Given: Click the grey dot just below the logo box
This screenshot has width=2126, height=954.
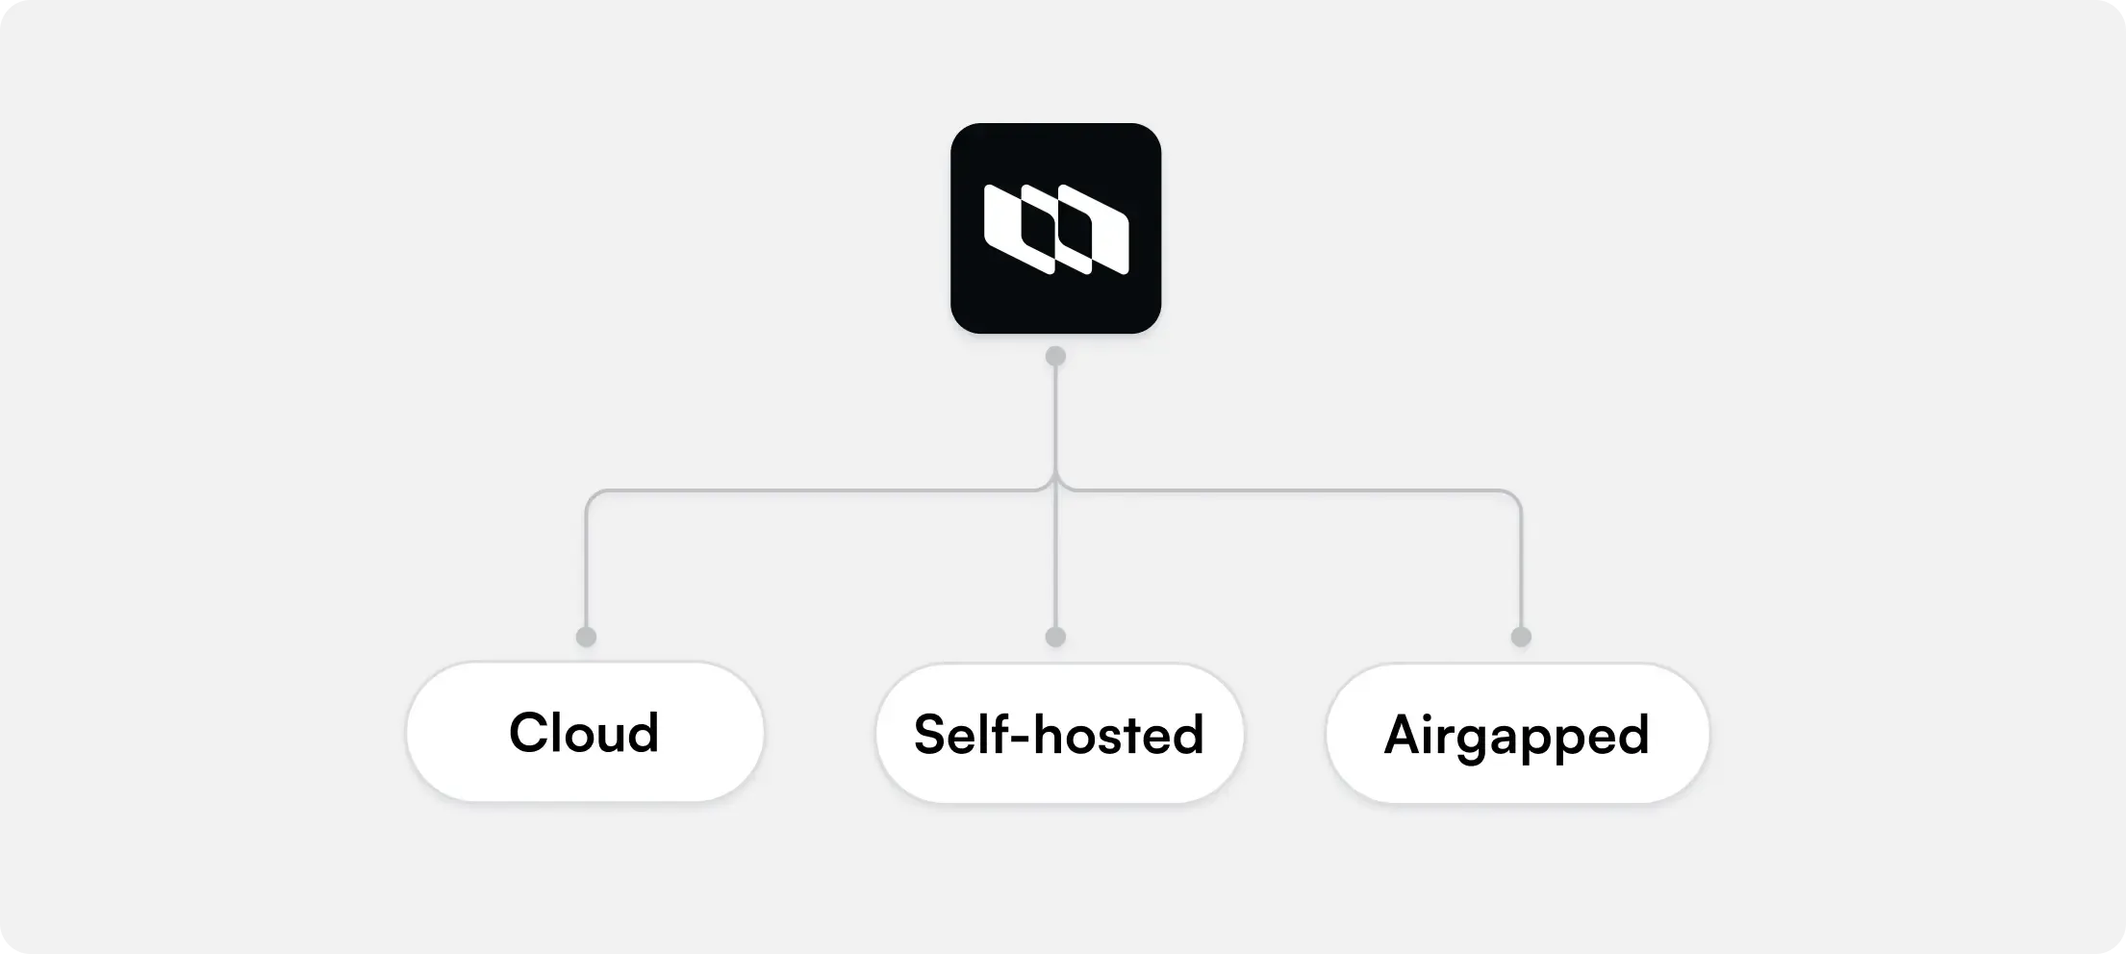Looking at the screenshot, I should click(x=1055, y=356).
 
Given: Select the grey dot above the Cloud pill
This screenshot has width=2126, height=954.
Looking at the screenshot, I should click(x=586, y=637).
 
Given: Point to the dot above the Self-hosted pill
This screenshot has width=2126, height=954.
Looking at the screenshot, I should click(x=1055, y=637).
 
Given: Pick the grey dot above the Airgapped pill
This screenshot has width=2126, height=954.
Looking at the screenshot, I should click(x=1521, y=637).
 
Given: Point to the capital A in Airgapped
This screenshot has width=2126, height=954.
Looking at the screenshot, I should click(x=1405, y=735).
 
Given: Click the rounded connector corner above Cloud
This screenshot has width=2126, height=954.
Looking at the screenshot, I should click(x=592, y=496).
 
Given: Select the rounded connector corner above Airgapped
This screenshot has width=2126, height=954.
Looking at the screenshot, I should click(x=1515, y=496).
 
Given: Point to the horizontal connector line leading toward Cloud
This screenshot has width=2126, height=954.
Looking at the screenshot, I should click(x=818, y=490).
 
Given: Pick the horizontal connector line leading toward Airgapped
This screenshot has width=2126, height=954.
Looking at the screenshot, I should click(x=1289, y=490).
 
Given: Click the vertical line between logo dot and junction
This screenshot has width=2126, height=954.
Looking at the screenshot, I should click(x=1055, y=418).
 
